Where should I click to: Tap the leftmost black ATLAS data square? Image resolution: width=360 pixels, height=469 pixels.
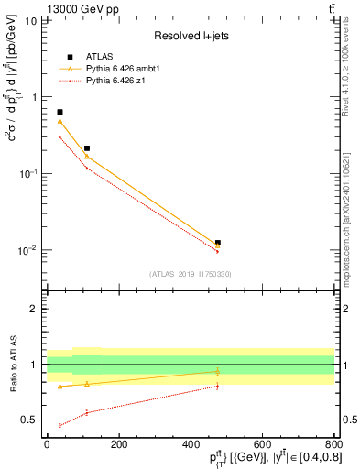[60, 112]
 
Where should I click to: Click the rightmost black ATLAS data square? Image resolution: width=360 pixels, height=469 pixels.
[217, 243]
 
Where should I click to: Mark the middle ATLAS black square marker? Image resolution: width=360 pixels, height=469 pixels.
[87, 147]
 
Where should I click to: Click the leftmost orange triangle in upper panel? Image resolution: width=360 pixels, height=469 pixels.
[60, 121]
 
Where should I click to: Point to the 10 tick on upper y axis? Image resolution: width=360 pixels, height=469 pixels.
[33, 19]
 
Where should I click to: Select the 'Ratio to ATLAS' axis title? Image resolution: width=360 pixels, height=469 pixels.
[12, 364]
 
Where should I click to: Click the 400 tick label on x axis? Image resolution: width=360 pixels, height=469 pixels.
[190, 446]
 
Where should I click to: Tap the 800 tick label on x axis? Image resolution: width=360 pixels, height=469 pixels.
[333, 446]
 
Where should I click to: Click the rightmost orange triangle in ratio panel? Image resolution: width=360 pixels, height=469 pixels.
[217, 371]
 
